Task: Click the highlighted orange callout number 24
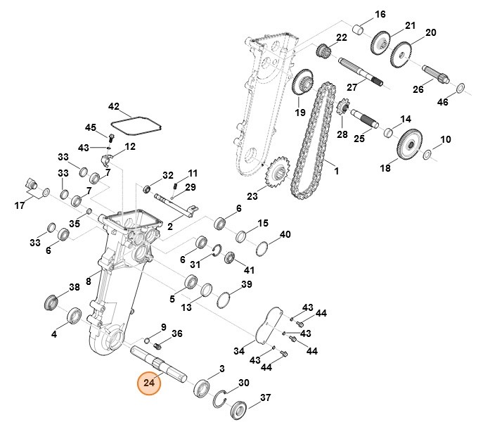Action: pos(149,383)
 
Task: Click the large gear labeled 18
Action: pos(407,146)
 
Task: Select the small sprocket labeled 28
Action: pos(344,109)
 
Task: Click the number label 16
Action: pos(380,14)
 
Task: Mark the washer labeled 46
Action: pos(461,88)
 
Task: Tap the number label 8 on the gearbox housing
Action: pos(89,281)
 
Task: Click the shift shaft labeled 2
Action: pos(174,203)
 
